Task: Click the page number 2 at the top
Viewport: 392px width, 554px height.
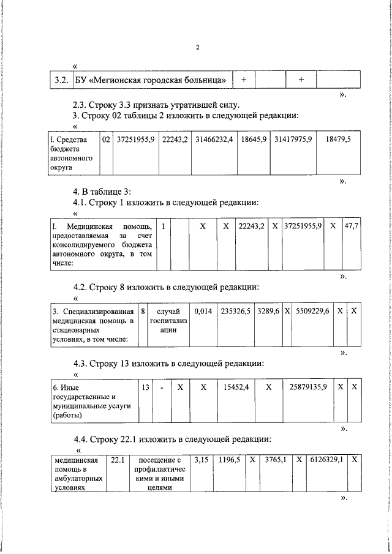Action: click(198, 47)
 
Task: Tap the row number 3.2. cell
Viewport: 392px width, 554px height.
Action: click(60, 80)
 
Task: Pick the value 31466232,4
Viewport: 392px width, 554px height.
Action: click(214, 140)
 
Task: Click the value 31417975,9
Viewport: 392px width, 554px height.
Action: click(293, 140)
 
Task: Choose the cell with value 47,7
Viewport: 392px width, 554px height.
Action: click(351, 226)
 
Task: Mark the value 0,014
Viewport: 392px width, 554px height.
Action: click(203, 312)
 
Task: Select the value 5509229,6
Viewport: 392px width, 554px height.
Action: click(312, 312)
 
